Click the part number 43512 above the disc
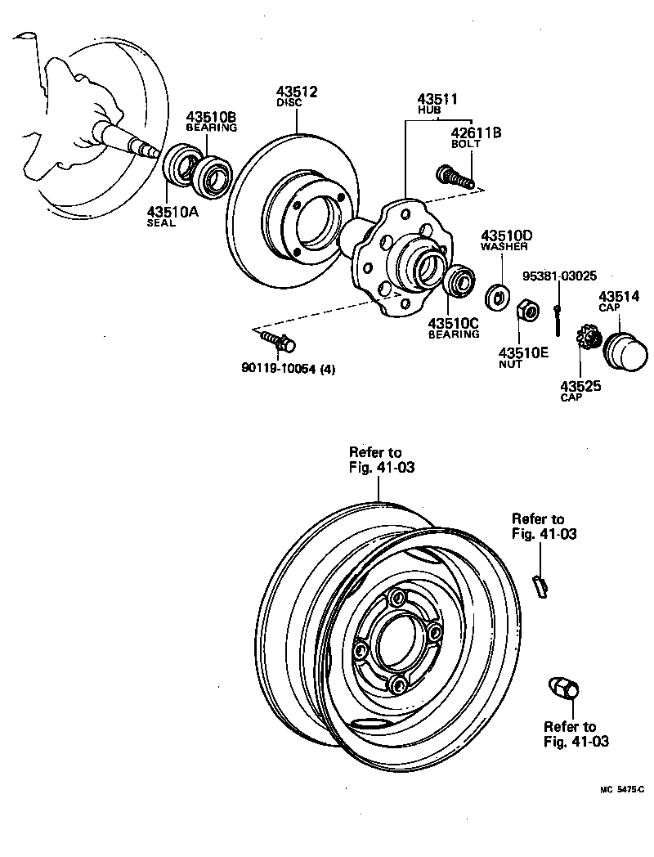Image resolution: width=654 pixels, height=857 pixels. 295,92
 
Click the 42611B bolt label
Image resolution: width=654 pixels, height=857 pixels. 477,132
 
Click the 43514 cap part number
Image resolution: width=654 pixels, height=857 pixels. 619,297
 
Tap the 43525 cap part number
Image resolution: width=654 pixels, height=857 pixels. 581,385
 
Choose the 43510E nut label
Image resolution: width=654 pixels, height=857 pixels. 523,352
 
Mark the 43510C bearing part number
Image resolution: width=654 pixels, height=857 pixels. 453,322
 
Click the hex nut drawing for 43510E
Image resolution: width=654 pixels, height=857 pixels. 528,311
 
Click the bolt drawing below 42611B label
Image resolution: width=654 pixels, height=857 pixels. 455,176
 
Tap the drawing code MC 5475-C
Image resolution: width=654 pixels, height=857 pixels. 621,789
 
